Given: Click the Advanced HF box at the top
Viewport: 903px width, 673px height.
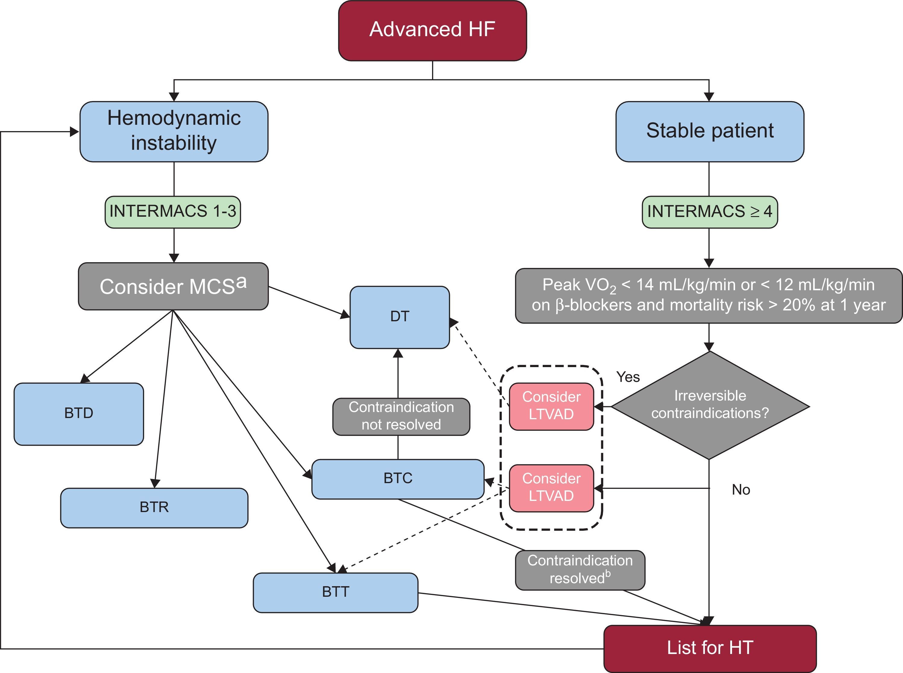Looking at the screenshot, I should click(432, 30).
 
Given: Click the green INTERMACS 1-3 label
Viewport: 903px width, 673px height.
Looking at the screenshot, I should click(173, 212).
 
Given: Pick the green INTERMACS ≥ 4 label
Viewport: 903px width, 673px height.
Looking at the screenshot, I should click(709, 212).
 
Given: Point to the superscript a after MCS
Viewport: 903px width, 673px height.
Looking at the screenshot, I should click(241, 282).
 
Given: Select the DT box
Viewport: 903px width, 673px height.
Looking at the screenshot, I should click(399, 317).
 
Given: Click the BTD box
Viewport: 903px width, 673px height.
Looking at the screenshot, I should click(79, 414).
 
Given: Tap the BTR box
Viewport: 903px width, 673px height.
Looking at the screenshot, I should click(154, 508).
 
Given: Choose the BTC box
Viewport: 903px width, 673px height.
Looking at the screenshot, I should click(398, 479).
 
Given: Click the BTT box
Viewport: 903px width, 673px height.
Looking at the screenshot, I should click(335, 592).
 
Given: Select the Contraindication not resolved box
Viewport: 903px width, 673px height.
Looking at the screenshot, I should click(401, 416).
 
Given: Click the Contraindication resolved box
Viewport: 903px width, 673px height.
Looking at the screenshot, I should click(579, 570).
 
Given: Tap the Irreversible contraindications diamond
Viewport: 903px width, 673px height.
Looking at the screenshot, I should click(710, 405).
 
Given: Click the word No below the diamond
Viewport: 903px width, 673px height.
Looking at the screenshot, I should click(740, 490).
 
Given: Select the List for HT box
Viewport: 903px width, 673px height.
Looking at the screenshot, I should click(709, 648).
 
